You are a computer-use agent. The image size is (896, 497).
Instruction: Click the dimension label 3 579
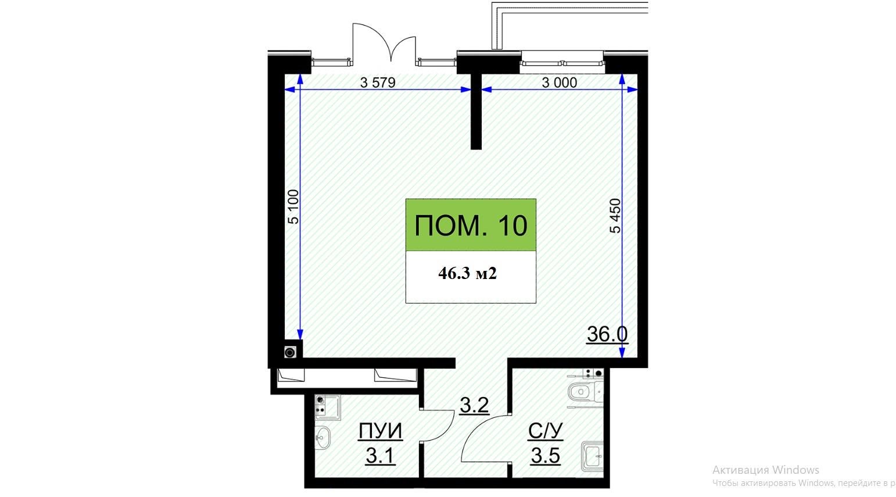[x=378, y=83]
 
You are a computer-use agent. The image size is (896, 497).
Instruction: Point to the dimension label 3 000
[x=559, y=83]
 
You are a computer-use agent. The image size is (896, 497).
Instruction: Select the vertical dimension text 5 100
[x=293, y=206]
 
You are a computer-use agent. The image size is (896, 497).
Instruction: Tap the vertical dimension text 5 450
[x=615, y=216]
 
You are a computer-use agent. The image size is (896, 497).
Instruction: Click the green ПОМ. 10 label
[x=471, y=225]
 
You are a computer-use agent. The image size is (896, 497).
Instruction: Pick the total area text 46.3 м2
[x=467, y=273]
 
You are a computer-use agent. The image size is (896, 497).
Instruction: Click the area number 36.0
[x=607, y=334]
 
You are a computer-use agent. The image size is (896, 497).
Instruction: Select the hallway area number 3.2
[x=474, y=405]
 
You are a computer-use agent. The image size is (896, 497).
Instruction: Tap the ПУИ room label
[x=380, y=431]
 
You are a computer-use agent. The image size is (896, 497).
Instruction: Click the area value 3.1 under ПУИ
[x=381, y=456]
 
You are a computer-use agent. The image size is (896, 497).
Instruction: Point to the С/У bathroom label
[x=545, y=431]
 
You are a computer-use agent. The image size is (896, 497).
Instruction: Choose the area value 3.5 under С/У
[x=545, y=455]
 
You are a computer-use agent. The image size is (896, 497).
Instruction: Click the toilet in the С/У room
[x=585, y=392]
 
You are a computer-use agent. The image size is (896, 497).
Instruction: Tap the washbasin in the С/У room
[x=592, y=456]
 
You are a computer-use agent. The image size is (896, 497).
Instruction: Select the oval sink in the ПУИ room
[x=322, y=437]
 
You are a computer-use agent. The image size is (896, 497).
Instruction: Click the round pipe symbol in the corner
[x=290, y=352]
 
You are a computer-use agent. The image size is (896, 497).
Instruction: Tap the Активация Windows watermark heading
[x=766, y=470]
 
